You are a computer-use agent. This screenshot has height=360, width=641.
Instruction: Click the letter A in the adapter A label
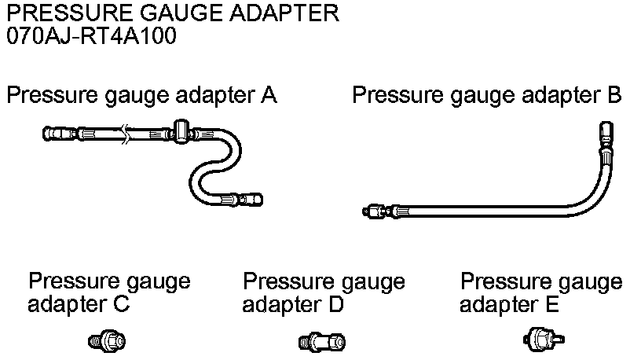(x=269, y=96)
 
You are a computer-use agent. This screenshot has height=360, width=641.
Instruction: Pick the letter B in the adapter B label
(x=614, y=96)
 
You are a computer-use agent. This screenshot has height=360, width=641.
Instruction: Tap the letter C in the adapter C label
(x=121, y=304)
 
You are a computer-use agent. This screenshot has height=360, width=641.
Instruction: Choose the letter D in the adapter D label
(x=336, y=304)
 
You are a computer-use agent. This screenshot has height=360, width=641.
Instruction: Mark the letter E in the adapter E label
(x=552, y=304)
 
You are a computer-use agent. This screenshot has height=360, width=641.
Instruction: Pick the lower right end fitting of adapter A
(x=250, y=199)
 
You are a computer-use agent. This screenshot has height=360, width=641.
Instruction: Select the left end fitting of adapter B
(x=376, y=211)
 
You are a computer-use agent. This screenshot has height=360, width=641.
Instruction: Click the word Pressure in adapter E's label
(x=498, y=281)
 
